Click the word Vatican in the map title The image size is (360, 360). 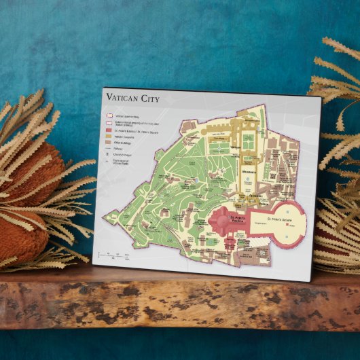[123, 99]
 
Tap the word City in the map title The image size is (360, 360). [149, 100]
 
